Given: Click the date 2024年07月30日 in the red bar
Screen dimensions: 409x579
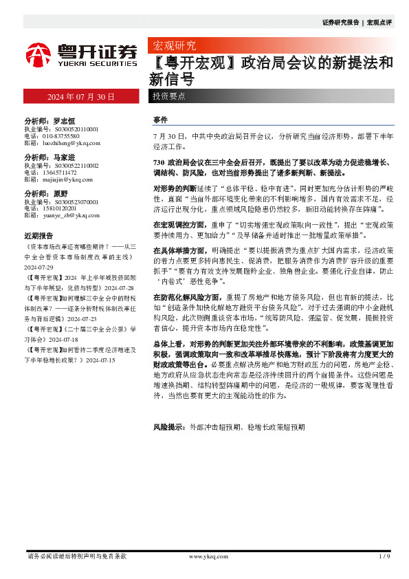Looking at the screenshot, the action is [x=80, y=97].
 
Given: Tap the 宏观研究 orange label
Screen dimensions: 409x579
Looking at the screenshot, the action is [x=173, y=47].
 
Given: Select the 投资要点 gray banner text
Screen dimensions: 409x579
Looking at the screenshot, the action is [x=168, y=97].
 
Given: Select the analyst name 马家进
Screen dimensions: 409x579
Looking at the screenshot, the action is [x=63, y=157].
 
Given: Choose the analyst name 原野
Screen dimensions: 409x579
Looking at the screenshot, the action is [x=59, y=194].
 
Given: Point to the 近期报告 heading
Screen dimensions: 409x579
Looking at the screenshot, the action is [x=38, y=236].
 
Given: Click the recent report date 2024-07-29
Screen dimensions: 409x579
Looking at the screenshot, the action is [x=39, y=268].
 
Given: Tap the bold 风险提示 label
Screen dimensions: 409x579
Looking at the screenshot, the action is [x=168, y=428].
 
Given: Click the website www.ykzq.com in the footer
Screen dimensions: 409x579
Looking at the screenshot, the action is [x=208, y=556].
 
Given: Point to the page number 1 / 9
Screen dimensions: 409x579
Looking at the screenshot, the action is [x=384, y=556].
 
